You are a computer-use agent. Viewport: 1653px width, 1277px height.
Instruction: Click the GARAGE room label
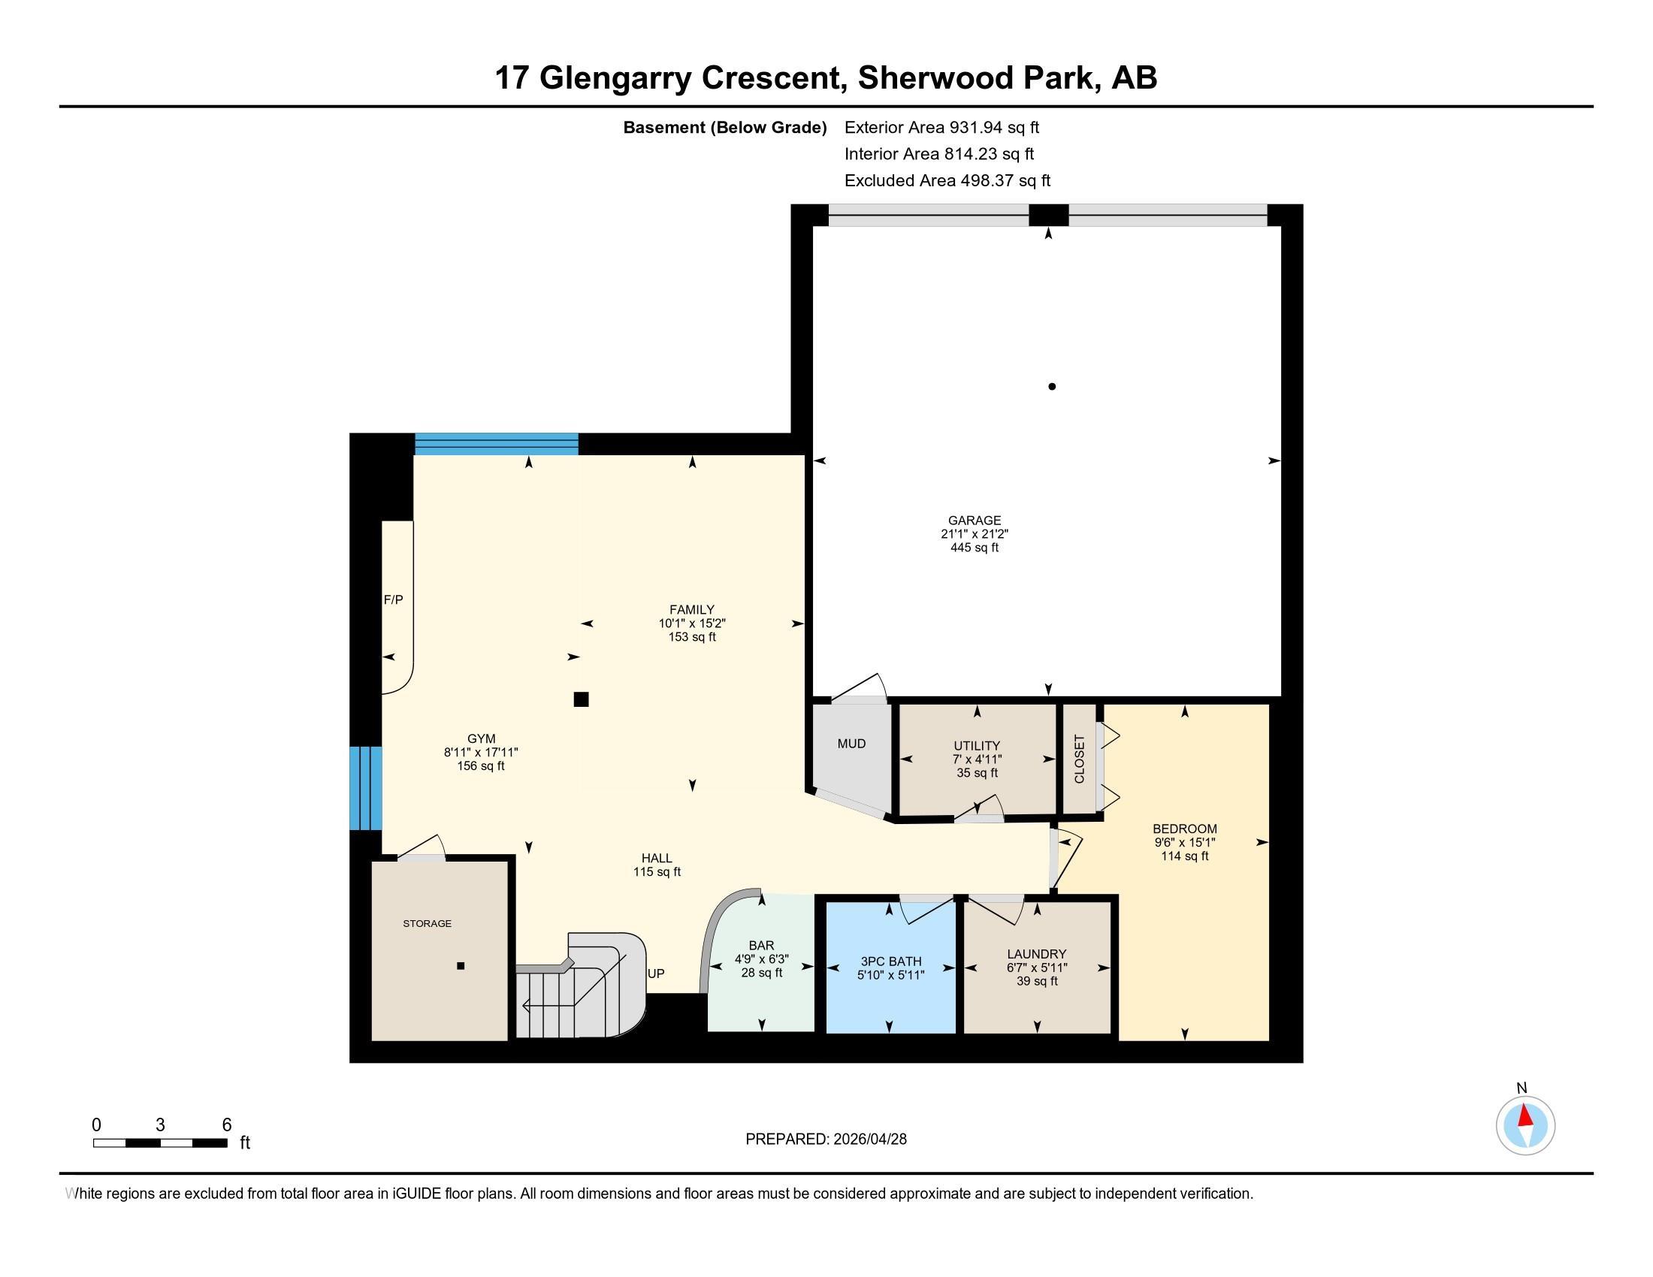tap(974, 521)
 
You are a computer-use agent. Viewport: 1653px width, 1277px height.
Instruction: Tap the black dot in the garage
tap(1052, 387)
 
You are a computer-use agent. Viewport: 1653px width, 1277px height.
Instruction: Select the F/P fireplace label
tap(394, 600)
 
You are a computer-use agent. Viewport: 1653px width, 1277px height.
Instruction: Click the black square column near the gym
tap(582, 699)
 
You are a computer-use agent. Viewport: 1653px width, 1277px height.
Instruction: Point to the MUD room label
tap(851, 744)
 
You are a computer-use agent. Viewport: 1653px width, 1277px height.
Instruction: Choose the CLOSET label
tap(1079, 759)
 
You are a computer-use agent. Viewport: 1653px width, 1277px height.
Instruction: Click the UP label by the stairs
tap(656, 974)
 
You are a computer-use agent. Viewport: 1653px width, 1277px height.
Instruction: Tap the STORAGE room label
tap(427, 924)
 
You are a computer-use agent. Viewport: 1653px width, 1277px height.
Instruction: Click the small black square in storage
tap(460, 966)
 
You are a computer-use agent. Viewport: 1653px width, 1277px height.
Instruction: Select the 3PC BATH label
tap(891, 962)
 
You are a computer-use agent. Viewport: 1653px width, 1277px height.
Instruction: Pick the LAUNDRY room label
tap(1037, 954)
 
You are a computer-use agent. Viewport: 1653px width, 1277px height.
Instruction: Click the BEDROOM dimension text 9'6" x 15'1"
tap(1184, 842)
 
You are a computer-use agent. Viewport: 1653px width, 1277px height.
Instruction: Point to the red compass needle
tap(1526, 1115)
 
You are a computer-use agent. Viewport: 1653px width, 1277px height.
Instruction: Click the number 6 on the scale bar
tap(226, 1125)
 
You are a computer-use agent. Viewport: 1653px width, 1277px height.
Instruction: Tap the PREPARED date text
tap(826, 1140)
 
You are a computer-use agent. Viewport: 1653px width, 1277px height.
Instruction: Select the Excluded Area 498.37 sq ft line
tap(947, 180)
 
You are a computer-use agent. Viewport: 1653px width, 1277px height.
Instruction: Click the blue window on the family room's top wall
tap(497, 444)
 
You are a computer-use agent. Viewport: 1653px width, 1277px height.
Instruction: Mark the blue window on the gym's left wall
tap(366, 788)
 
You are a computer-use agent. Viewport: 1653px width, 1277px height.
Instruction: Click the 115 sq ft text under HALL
tap(657, 871)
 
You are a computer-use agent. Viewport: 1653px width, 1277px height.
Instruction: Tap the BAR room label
tap(761, 945)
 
